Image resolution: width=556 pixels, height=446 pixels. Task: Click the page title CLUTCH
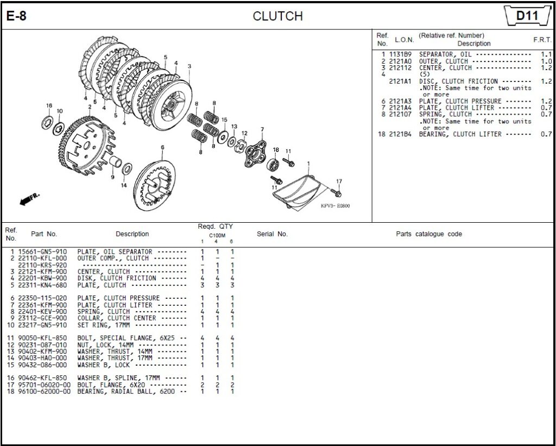pos(277,16)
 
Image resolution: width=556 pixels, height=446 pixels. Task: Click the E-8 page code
pos(16,16)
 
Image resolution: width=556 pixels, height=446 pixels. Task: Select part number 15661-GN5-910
pos(42,252)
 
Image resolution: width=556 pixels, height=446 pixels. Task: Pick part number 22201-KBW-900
pos(42,278)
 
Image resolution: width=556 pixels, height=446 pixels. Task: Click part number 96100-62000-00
pos(44,391)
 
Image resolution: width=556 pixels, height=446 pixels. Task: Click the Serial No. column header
pos(272,234)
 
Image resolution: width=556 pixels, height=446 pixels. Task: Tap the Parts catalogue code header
pos(429,234)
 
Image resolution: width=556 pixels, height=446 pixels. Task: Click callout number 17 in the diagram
pos(339,181)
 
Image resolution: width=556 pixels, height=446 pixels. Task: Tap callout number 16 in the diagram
pos(49,105)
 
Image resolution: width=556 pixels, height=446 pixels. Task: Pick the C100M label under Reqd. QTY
pos(217,236)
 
